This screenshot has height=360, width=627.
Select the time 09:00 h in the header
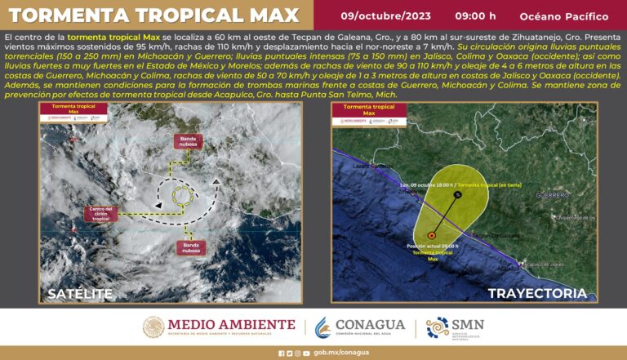point(476,16)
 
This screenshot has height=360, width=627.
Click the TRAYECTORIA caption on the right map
point(537,293)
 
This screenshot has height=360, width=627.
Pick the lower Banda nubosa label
point(191,247)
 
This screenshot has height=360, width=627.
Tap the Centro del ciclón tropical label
point(100,215)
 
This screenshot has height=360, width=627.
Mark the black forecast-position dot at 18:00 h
point(458,195)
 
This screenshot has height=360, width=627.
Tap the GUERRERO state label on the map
point(552,196)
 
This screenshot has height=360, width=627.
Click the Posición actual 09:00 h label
point(431,245)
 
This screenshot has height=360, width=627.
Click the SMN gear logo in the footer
point(438,327)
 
